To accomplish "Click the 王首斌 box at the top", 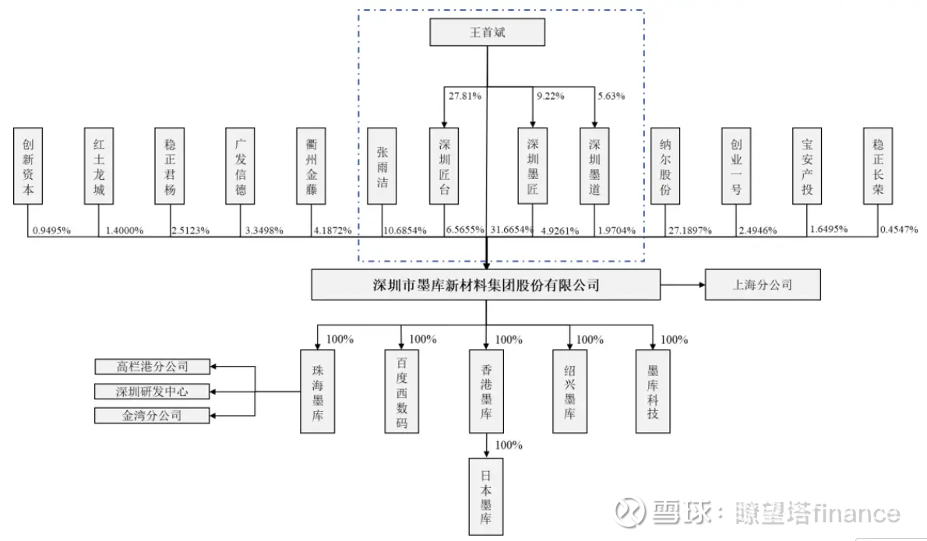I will [x=487, y=33].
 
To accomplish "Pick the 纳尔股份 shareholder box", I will [x=666, y=167].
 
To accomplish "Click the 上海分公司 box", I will [x=763, y=285].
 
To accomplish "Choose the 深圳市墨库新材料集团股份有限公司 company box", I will [x=486, y=285].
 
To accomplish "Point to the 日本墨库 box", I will [x=487, y=496].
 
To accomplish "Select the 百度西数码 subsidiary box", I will [x=402, y=390].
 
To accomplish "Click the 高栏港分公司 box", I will [x=153, y=366].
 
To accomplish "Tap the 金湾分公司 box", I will [x=153, y=415].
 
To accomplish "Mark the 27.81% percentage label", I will [x=464, y=97].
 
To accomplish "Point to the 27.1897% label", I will [x=689, y=230].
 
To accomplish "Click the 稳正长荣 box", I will [x=879, y=167].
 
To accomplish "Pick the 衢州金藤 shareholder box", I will [x=311, y=167].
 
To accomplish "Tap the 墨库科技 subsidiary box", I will [x=653, y=390].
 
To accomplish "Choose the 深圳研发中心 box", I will [x=153, y=391].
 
